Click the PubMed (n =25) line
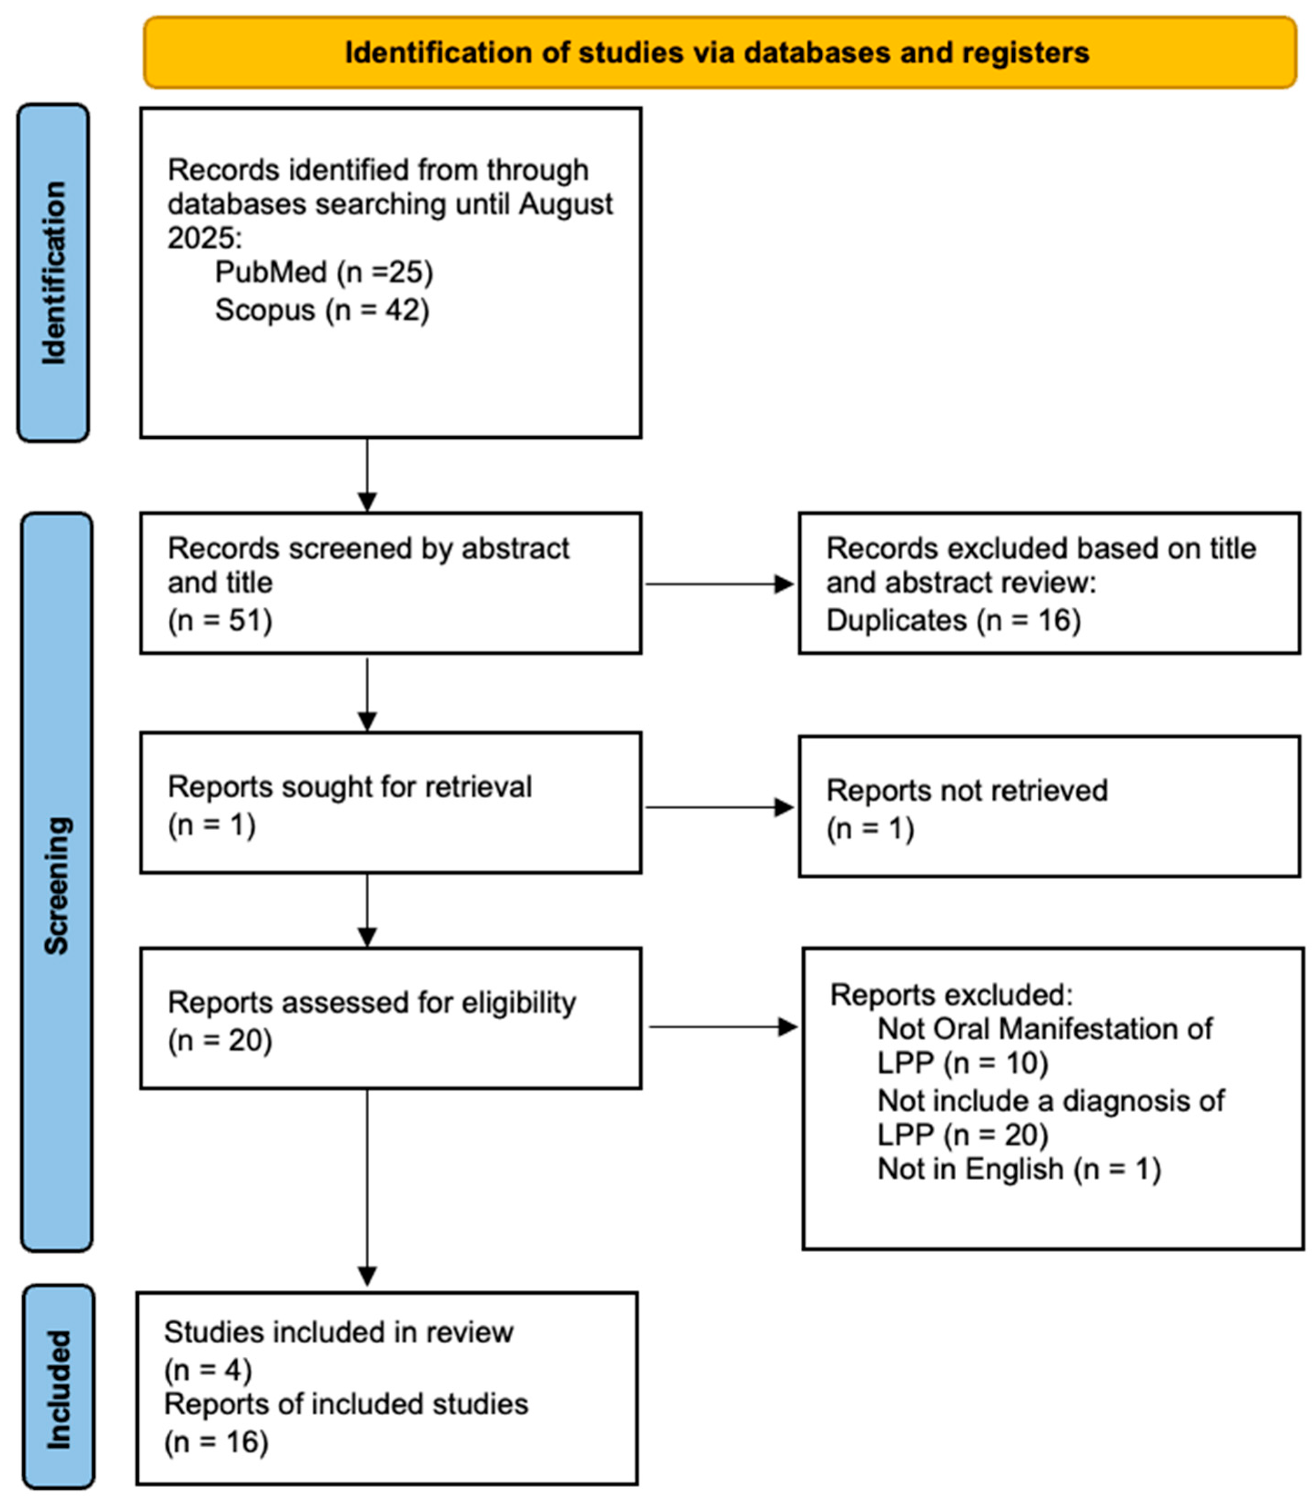pyautogui.click(x=324, y=272)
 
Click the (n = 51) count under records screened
pyautogui.click(x=220, y=621)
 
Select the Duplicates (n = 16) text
pyautogui.click(x=953, y=621)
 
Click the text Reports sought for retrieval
pyautogui.click(x=350, y=787)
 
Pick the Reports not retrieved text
pyautogui.click(x=966, y=791)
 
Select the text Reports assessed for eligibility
pyautogui.click(x=372, y=1003)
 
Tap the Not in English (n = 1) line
pyautogui.click(x=1019, y=1169)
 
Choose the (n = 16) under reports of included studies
pyautogui.click(x=216, y=1442)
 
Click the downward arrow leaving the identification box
pyautogui.click(x=367, y=474)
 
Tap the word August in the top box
pyautogui.click(x=566, y=204)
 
